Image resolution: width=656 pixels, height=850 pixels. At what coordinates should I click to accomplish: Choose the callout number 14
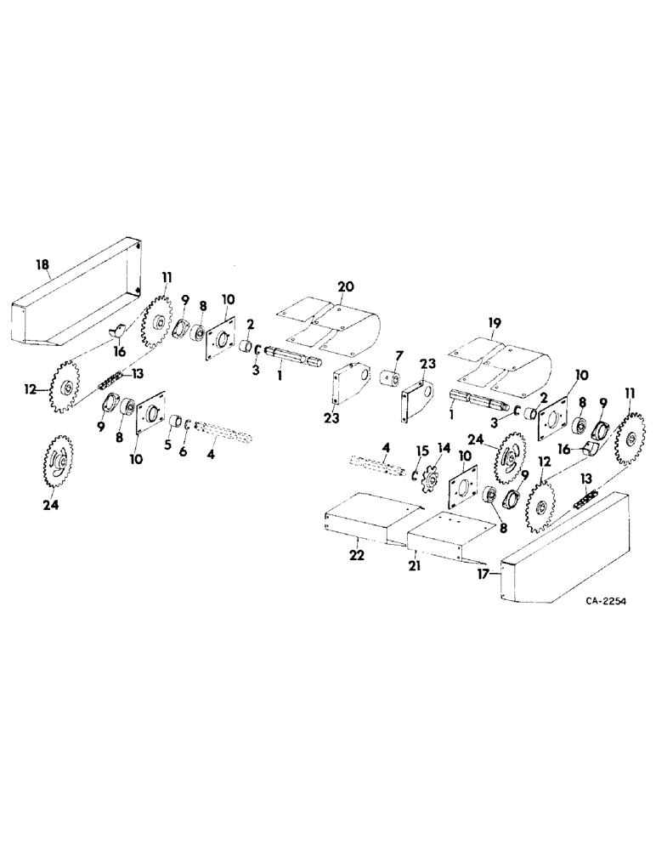(x=442, y=448)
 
